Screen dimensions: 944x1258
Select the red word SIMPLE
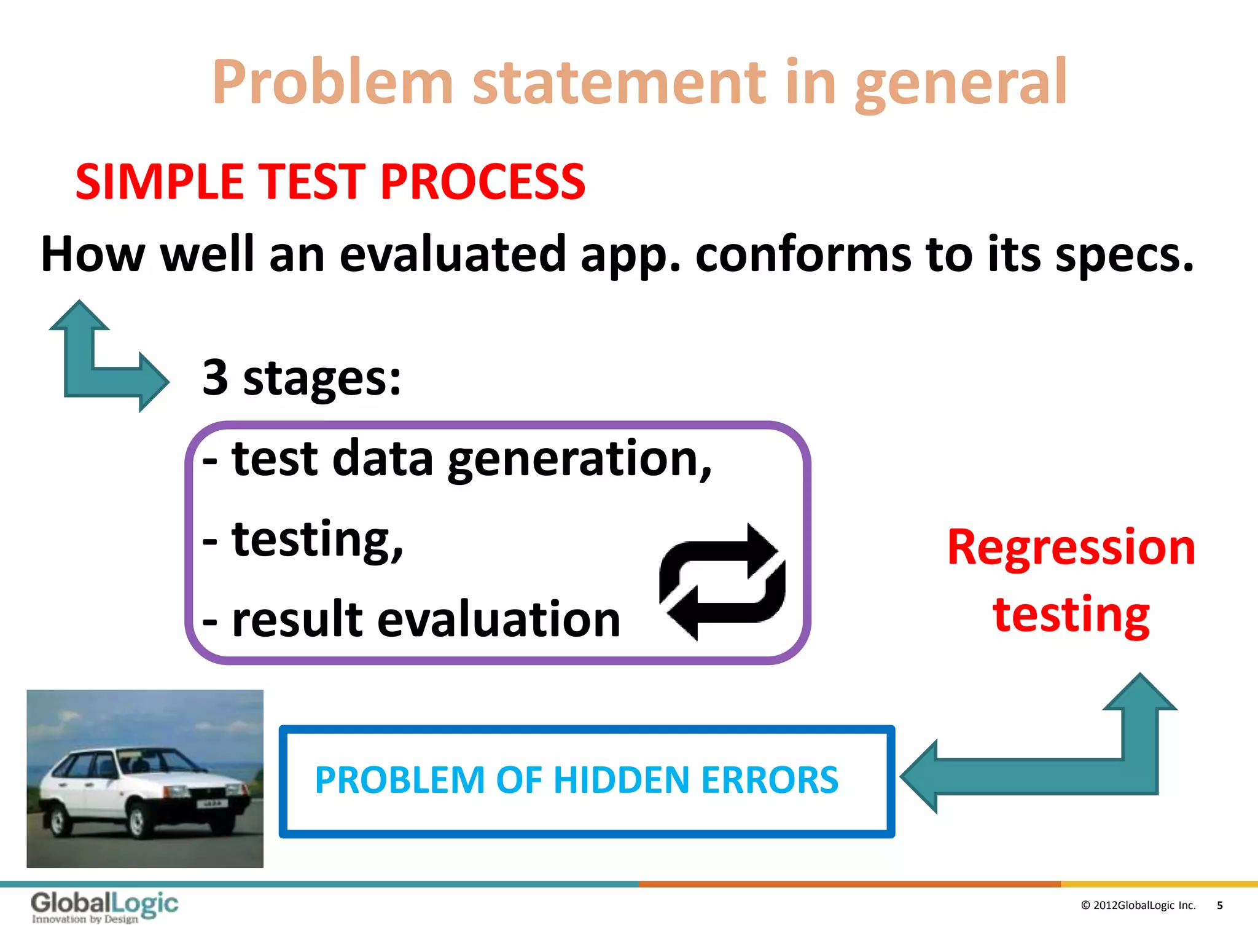point(160,182)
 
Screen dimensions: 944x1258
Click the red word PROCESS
point(482,182)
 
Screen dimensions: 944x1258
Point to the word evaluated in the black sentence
point(453,254)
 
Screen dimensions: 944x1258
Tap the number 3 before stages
point(215,377)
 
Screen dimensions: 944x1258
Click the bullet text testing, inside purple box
point(317,540)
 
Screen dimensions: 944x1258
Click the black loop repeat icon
point(722,581)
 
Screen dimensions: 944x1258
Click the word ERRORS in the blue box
point(770,781)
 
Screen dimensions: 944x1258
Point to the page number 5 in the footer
point(1219,905)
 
